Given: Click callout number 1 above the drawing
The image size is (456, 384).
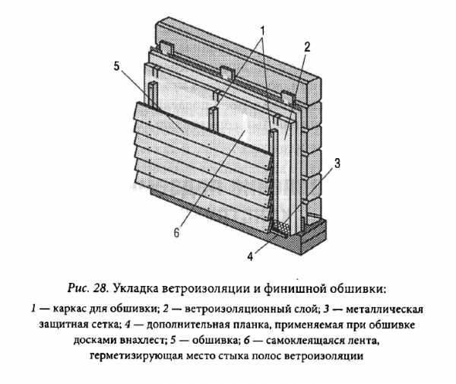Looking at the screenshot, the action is coord(263,31).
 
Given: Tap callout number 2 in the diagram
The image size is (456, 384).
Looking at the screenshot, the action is coord(307,47).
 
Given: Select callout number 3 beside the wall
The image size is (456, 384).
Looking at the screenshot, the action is coord(337,163).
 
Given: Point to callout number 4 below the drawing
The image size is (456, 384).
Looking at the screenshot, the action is coord(250,256).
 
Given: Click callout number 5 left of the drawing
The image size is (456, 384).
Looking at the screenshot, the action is coord(116,66).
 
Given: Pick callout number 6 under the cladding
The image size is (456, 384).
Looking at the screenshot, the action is coord(176,233).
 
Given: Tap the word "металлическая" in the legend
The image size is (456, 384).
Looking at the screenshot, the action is coord(385,309).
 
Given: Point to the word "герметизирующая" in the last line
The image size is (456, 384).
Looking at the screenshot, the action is coord(138,356).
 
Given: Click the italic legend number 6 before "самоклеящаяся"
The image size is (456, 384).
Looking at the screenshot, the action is coord(246,340).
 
